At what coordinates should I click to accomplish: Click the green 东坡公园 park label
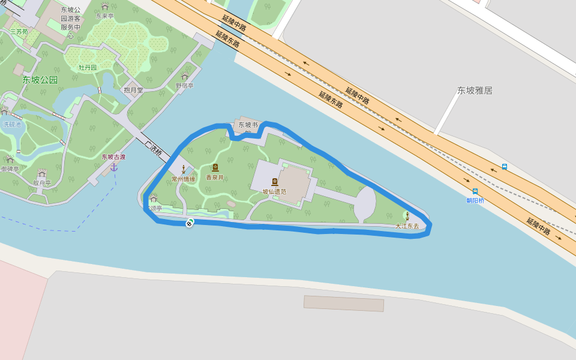pyautogui.click(x=40, y=80)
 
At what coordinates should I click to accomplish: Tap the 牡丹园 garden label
pyautogui.click(x=88, y=68)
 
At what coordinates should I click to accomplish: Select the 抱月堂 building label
pyautogui.click(x=133, y=90)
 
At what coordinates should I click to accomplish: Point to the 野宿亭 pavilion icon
pyautogui.click(x=184, y=77)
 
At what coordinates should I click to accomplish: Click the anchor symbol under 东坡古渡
pyautogui.click(x=113, y=167)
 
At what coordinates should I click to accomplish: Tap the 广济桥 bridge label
pyautogui.click(x=153, y=148)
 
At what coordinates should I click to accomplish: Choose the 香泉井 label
pyautogui.click(x=215, y=177)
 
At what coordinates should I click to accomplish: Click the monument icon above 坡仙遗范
pyautogui.click(x=275, y=182)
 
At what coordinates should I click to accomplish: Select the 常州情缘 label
pyautogui.click(x=183, y=179)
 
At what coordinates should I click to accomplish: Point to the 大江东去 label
pyautogui.click(x=407, y=226)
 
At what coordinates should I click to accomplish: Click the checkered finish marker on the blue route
pyautogui.click(x=189, y=224)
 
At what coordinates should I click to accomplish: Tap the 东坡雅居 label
pyautogui.click(x=475, y=91)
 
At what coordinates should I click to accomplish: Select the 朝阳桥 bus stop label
pyautogui.click(x=475, y=200)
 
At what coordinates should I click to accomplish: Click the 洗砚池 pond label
pyautogui.click(x=12, y=125)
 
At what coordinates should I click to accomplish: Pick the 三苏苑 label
pyautogui.click(x=19, y=31)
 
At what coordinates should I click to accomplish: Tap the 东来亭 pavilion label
pyautogui.click(x=104, y=16)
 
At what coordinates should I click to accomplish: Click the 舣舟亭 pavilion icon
pyautogui.click(x=42, y=174)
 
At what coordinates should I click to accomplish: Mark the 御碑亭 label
pyautogui.click(x=10, y=169)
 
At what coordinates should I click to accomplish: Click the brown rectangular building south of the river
pyautogui.click(x=343, y=304)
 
